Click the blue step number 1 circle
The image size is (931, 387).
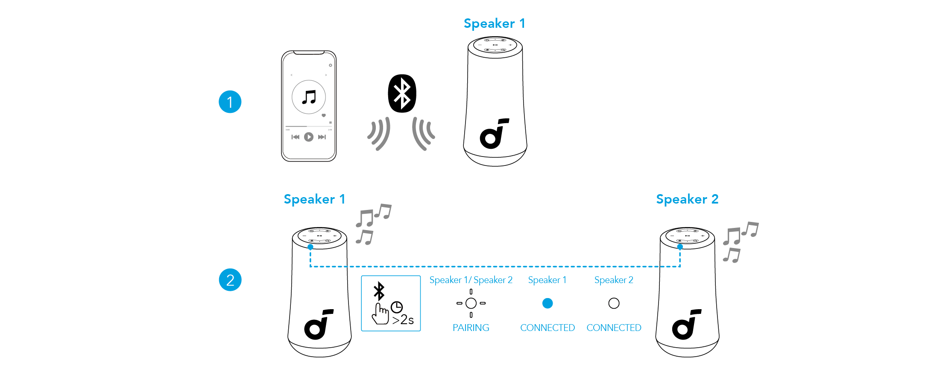coord(230,102)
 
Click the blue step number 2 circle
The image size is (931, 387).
coord(230,280)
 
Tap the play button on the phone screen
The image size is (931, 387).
coord(308,137)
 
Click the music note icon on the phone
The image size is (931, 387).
coord(308,97)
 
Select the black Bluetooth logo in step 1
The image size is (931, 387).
coord(401,93)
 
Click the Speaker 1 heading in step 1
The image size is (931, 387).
coord(494,24)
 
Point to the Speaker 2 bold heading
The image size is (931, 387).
coord(687,199)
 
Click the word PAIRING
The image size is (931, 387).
coord(471,328)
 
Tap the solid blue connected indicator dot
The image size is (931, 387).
coord(547,303)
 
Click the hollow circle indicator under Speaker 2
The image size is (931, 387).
coord(614,303)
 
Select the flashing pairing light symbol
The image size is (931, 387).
coord(471,303)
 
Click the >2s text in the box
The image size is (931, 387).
coord(403,320)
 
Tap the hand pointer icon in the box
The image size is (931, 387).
coord(380,314)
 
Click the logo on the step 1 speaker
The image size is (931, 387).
coord(494,134)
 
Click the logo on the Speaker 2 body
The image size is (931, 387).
coord(686,325)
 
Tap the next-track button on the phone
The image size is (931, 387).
coord(322,137)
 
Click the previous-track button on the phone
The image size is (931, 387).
coord(295,137)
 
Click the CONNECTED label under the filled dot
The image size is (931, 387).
coord(547,328)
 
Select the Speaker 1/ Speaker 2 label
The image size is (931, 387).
coord(471,280)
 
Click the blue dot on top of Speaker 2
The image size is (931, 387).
coord(680,247)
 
